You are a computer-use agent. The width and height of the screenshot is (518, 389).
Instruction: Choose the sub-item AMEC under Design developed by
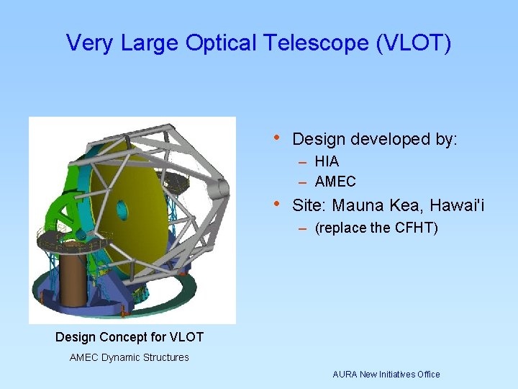pos(335,182)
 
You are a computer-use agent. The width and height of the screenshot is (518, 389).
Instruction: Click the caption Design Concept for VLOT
pos(129,337)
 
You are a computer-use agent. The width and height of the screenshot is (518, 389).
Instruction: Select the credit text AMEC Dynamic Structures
pos(129,357)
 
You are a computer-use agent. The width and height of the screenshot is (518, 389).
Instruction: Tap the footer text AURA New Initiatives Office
pos(386,374)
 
